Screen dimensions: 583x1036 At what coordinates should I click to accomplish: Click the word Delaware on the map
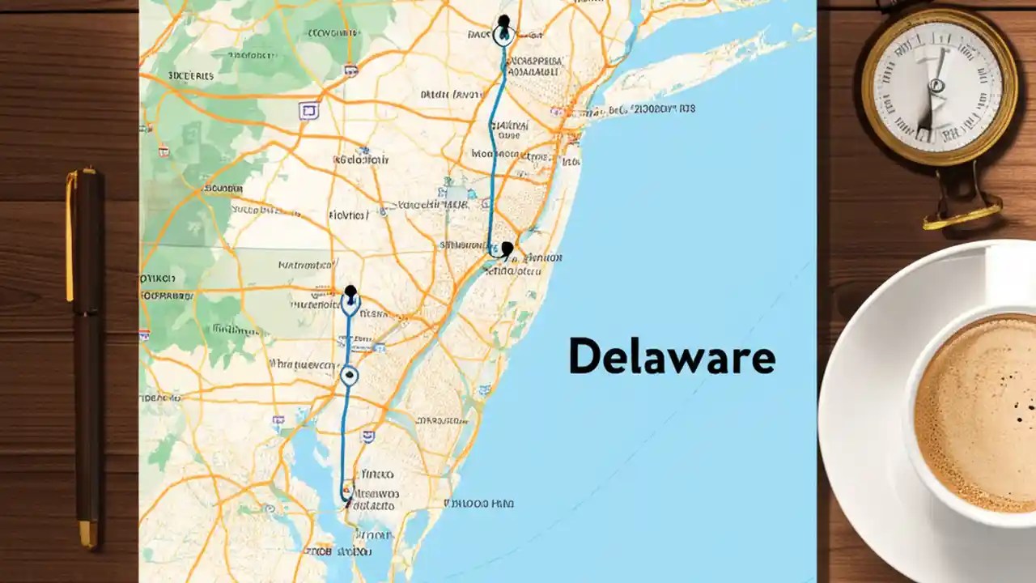672,357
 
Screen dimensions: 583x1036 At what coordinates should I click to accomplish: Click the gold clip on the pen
70,235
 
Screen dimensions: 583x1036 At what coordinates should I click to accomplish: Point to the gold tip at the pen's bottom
87,534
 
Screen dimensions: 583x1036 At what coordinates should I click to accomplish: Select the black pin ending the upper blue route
507,248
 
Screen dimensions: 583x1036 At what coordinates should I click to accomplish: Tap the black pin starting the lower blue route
350,292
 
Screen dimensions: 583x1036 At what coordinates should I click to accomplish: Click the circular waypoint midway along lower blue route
349,374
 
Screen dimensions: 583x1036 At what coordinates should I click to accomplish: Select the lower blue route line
346,437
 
